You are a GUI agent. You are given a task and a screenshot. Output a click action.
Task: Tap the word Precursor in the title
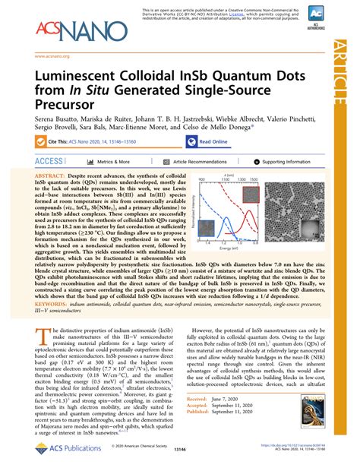coord(66,109)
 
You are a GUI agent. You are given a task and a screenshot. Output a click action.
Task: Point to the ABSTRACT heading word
coord(60,175)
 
